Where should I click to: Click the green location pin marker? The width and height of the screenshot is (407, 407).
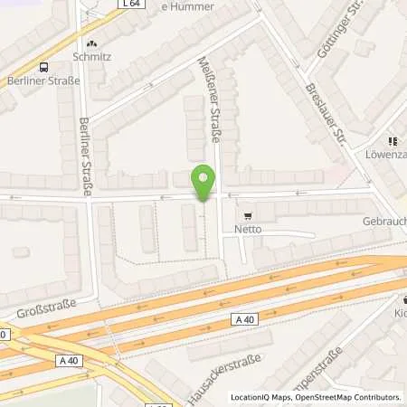tap(204, 183)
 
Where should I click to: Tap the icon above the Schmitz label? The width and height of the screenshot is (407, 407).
tap(90, 43)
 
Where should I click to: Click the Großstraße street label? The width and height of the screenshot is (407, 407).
tap(43, 309)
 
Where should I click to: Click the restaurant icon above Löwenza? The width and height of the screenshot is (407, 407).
tap(393, 141)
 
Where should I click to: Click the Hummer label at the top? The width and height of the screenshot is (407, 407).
tap(187, 6)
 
